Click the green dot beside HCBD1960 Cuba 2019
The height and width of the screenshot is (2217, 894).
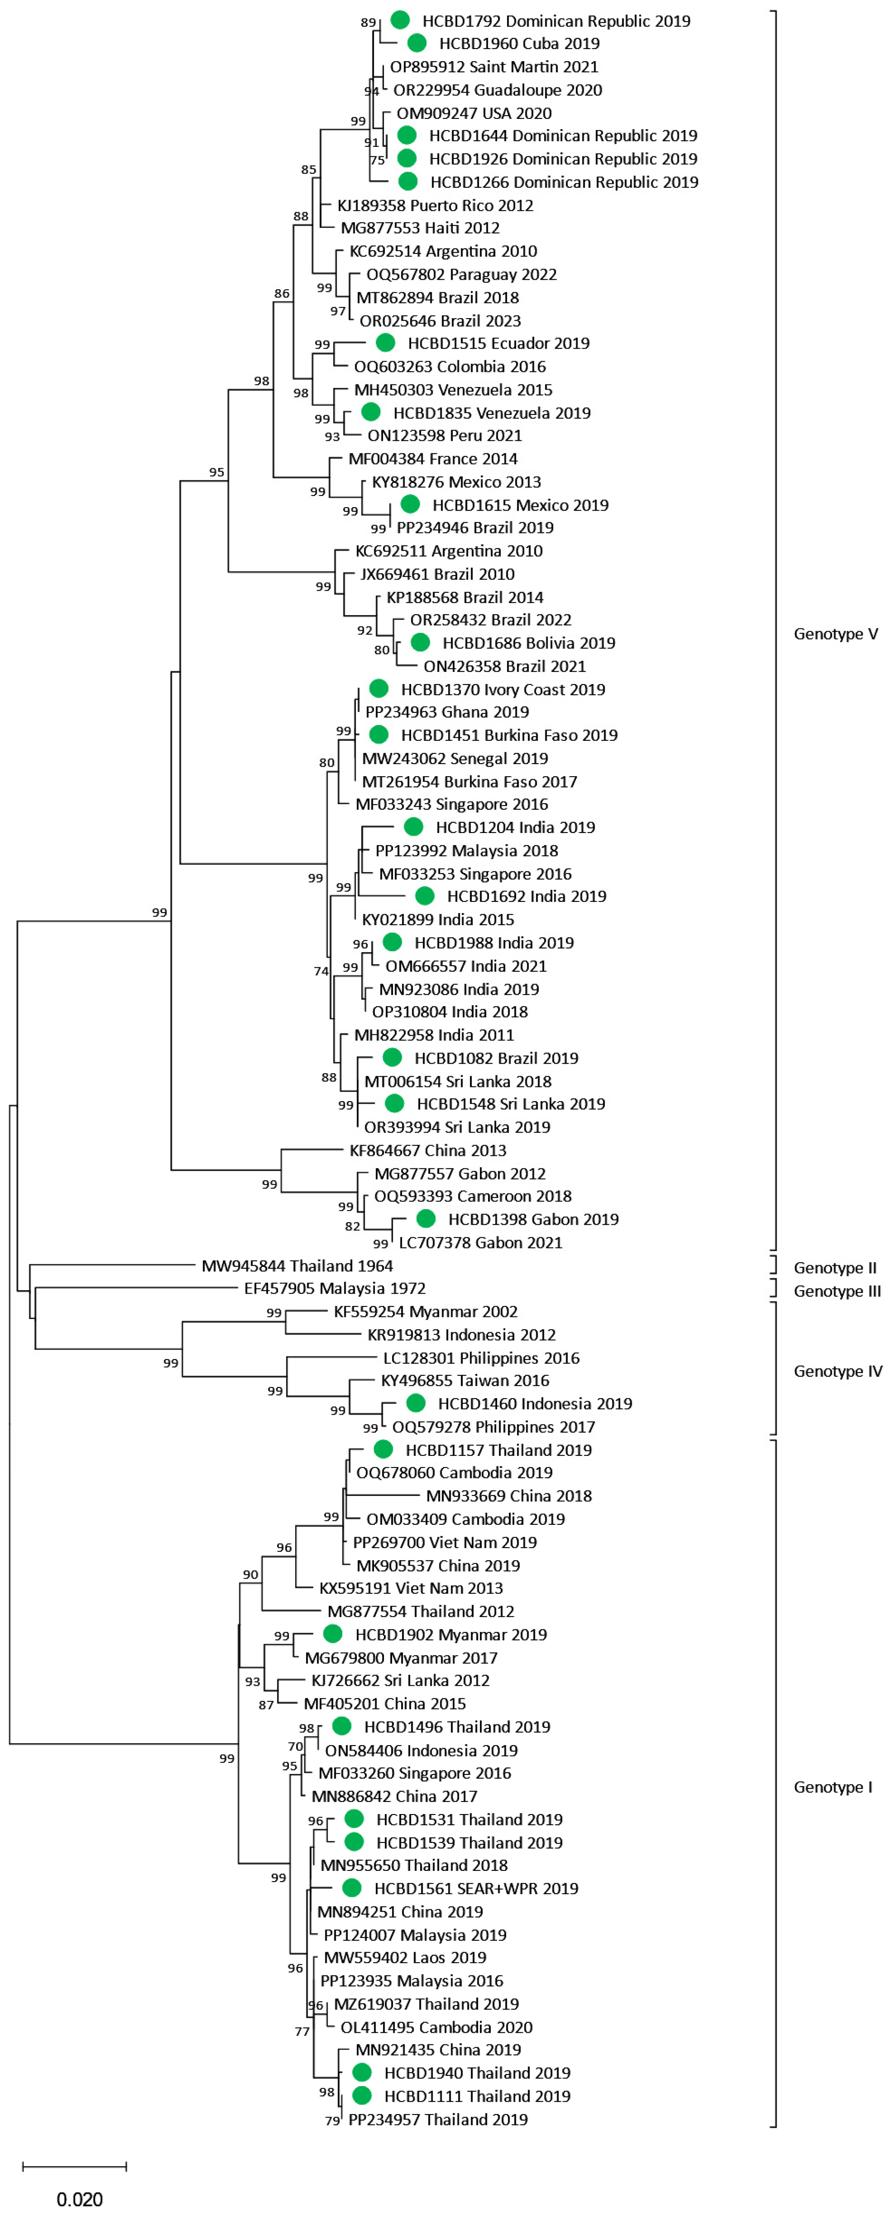point(417,43)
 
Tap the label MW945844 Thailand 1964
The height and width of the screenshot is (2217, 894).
point(297,1266)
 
